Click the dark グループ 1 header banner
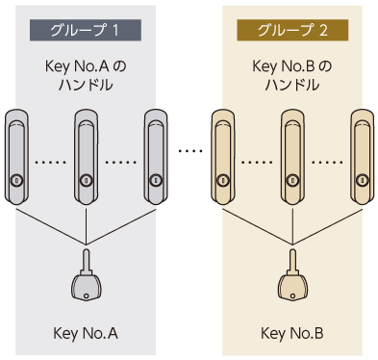click(86, 30)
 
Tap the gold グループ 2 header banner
click(292, 30)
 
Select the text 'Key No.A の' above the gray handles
click(86, 66)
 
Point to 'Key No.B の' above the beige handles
click(292, 66)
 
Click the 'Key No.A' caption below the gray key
click(86, 333)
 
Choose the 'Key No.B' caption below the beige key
click(292, 333)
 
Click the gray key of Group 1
click(86, 275)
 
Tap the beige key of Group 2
click(292, 275)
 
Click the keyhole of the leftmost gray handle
click(15, 181)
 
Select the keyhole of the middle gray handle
click(86, 181)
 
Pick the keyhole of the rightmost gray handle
click(156, 181)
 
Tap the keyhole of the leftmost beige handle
click(222, 181)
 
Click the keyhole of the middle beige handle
click(292, 181)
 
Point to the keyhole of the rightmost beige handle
click(362, 181)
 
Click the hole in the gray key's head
click(86, 296)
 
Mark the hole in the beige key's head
click(292, 296)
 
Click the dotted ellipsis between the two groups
click(190, 150)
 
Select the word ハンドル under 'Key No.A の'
click(86, 85)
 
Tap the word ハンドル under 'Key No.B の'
click(292, 85)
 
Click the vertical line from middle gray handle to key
click(86, 227)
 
